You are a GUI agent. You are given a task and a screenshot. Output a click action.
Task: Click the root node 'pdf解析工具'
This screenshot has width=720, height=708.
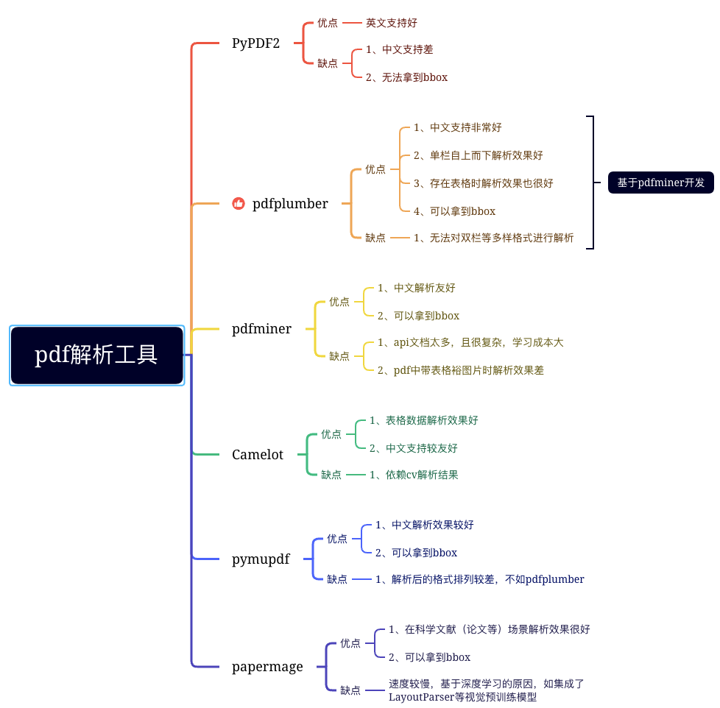point(96,355)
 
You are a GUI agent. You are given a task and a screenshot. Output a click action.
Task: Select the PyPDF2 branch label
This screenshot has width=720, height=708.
point(255,43)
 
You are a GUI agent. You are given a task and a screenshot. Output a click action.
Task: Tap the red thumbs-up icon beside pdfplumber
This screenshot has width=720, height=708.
point(239,204)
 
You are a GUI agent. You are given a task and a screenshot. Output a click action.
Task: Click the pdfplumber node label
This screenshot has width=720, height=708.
point(290,204)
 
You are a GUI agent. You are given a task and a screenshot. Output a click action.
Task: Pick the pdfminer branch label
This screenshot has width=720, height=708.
point(261,329)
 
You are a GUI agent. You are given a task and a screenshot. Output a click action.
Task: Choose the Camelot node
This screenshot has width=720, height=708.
point(258,455)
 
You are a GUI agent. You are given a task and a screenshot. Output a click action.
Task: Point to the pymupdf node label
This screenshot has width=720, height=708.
point(261,559)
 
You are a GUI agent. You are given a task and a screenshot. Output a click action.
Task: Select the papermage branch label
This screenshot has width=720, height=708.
point(267,667)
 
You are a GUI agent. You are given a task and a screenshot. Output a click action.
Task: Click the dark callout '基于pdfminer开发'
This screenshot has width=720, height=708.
point(660,183)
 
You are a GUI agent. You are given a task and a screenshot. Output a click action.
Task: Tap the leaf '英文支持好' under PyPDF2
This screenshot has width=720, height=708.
point(392,23)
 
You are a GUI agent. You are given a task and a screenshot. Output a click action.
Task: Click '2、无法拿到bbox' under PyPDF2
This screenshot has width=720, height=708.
point(406,77)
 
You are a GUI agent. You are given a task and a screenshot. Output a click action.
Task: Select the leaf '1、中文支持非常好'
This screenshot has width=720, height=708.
point(457,127)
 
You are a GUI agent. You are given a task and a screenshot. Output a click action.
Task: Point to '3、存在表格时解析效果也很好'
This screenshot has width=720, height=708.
point(483,183)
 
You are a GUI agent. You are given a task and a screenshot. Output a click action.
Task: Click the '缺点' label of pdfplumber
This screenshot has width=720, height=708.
point(375,238)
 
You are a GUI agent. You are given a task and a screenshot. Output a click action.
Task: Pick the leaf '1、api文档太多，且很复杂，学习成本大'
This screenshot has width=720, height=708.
point(470,342)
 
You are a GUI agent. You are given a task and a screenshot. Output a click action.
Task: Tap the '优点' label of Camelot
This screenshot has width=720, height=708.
point(331,434)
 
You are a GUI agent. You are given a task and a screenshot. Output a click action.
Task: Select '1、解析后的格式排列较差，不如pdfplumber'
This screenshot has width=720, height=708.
point(479,579)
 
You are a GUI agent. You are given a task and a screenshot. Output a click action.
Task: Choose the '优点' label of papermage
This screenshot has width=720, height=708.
point(350,643)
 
